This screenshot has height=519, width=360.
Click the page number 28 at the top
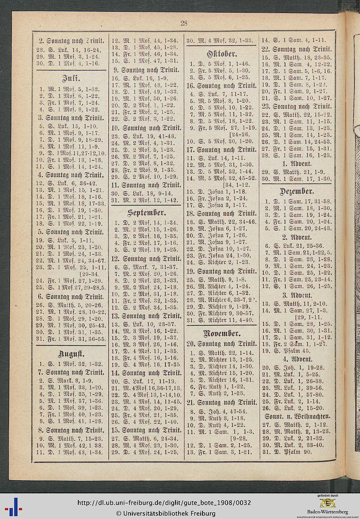tap(184, 24)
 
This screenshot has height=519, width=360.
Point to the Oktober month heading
tap(220, 54)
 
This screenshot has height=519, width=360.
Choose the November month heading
tap(220, 333)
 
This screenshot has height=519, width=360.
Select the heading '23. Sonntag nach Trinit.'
tap(297, 106)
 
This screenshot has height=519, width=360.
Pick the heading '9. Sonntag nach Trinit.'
tap(146, 70)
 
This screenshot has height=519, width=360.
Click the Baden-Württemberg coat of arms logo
tap(327, 503)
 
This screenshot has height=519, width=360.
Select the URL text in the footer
tap(164, 503)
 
